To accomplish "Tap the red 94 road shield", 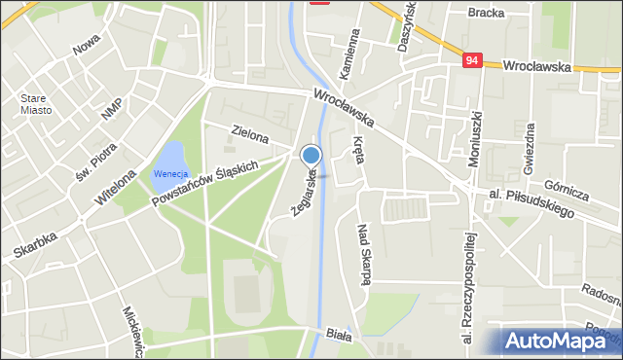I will tap(472, 60).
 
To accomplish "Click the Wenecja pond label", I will tap(168, 174).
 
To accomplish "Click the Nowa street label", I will tap(88, 46).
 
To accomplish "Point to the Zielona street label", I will tap(250, 133).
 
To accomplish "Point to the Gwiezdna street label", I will tap(530, 150).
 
